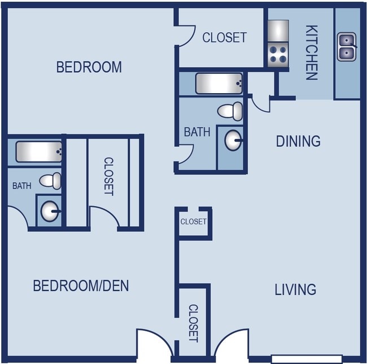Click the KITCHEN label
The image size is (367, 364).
coord(311,52)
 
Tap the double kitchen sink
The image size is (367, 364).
coord(347,47)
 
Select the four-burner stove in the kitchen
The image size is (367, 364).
coord(278,55)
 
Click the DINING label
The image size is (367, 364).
coord(298,141)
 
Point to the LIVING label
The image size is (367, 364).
coord(295,290)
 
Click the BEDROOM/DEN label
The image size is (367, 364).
coord(81,286)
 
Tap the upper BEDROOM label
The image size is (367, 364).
coord(89,67)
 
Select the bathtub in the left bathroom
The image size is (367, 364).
coord(39,151)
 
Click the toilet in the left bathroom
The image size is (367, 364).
coord(50,181)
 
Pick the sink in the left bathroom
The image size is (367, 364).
coord(50,210)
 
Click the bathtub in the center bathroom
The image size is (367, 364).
coord(219,84)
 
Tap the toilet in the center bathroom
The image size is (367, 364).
coord(230,111)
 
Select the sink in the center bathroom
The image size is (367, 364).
coord(233,141)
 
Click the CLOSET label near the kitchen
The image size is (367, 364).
coord(224,38)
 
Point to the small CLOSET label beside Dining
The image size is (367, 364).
coord(193,222)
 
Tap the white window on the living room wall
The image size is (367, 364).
coord(307,358)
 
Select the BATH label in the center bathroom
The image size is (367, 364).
coord(197,132)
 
